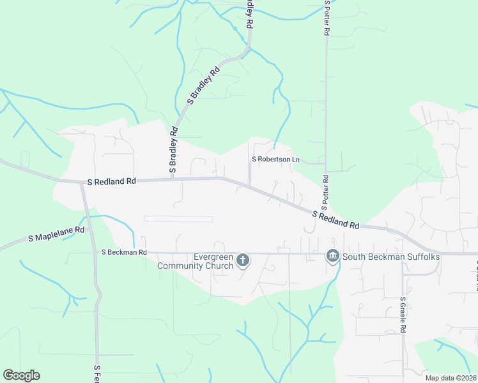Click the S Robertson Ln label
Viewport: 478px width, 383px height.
[x=276, y=159]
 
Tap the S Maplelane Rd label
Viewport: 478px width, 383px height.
[x=57, y=234]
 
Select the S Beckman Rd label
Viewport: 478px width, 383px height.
[x=124, y=252]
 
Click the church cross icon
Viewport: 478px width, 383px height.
[x=242, y=260]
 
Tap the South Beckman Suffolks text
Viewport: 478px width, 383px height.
[x=391, y=257]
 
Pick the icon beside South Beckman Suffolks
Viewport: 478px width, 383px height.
[x=332, y=257]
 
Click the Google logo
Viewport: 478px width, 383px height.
[x=21, y=375]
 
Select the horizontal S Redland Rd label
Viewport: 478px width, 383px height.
[x=112, y=181]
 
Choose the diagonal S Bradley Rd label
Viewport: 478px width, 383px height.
[x=203, y=84]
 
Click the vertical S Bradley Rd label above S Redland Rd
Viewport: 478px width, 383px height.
[x=173, y=149]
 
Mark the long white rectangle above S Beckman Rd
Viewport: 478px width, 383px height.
[x=178, y=219]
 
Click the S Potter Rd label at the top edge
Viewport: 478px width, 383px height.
[x=327, y=17]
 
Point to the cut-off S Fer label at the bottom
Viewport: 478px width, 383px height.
[x=97, y=374]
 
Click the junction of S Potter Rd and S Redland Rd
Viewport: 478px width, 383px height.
[x=325, y=214]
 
